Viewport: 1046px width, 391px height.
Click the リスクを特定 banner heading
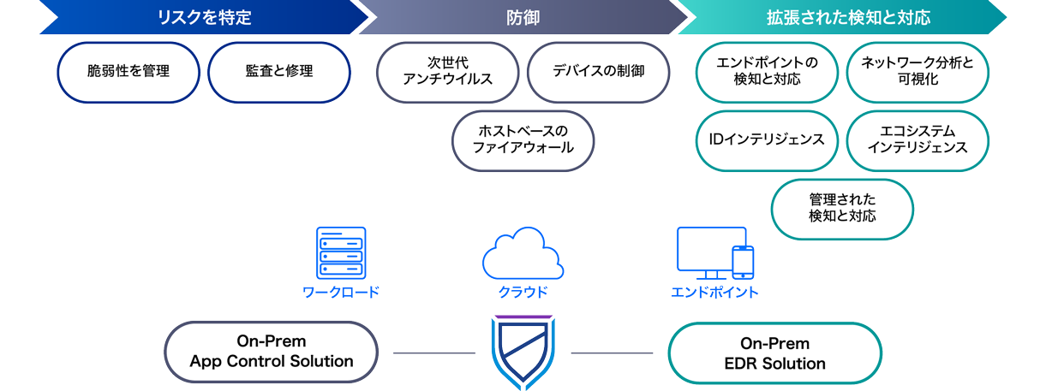[x=203, y=17]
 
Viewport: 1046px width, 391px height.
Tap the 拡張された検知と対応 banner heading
[x=848, y=17]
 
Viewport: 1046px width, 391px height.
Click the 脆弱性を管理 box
[x=129, y=72]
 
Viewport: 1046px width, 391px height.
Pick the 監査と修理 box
[x=279, y=72]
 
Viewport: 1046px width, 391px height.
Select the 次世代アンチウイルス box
[x=448, y=72]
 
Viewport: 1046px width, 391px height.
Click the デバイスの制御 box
[x=598, y=72]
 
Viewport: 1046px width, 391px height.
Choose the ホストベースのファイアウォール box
[x=523, y=140]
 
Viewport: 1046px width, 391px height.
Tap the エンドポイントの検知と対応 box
[x=767, y=72]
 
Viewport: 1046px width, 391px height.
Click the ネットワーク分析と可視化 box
[x=917, y=72]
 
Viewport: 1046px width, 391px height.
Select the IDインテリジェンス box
[x=767, y=140]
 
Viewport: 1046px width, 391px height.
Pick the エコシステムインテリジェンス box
[x=917, y=140]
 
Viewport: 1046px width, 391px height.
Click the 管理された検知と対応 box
[x=842, y=209]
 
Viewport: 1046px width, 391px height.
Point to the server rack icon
[x=340, y=253]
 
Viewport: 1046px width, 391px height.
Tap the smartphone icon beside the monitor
[x=742, y=262]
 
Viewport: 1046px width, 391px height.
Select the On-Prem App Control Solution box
[x=271, y=352]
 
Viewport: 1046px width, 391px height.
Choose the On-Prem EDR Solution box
[x=774, y=352]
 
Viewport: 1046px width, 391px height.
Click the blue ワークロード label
[x=340, y=293]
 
